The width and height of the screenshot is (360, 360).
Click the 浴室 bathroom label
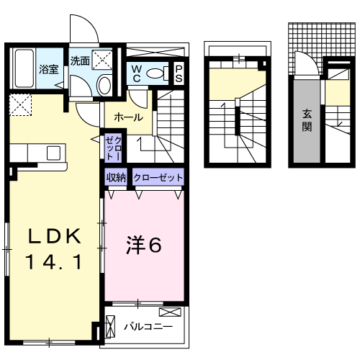[48, 70]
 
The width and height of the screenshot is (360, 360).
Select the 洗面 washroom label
[80, 61]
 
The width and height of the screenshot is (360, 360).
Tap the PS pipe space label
[179, 73]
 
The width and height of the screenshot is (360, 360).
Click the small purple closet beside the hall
[114, 148]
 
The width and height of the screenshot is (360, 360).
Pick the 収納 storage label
[117, 177]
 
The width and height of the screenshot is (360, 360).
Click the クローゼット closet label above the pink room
[158, 177]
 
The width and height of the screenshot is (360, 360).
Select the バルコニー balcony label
[148, 326]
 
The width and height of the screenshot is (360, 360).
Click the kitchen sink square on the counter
[54, 152]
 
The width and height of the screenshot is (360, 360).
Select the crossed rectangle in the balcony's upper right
[171, 312]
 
